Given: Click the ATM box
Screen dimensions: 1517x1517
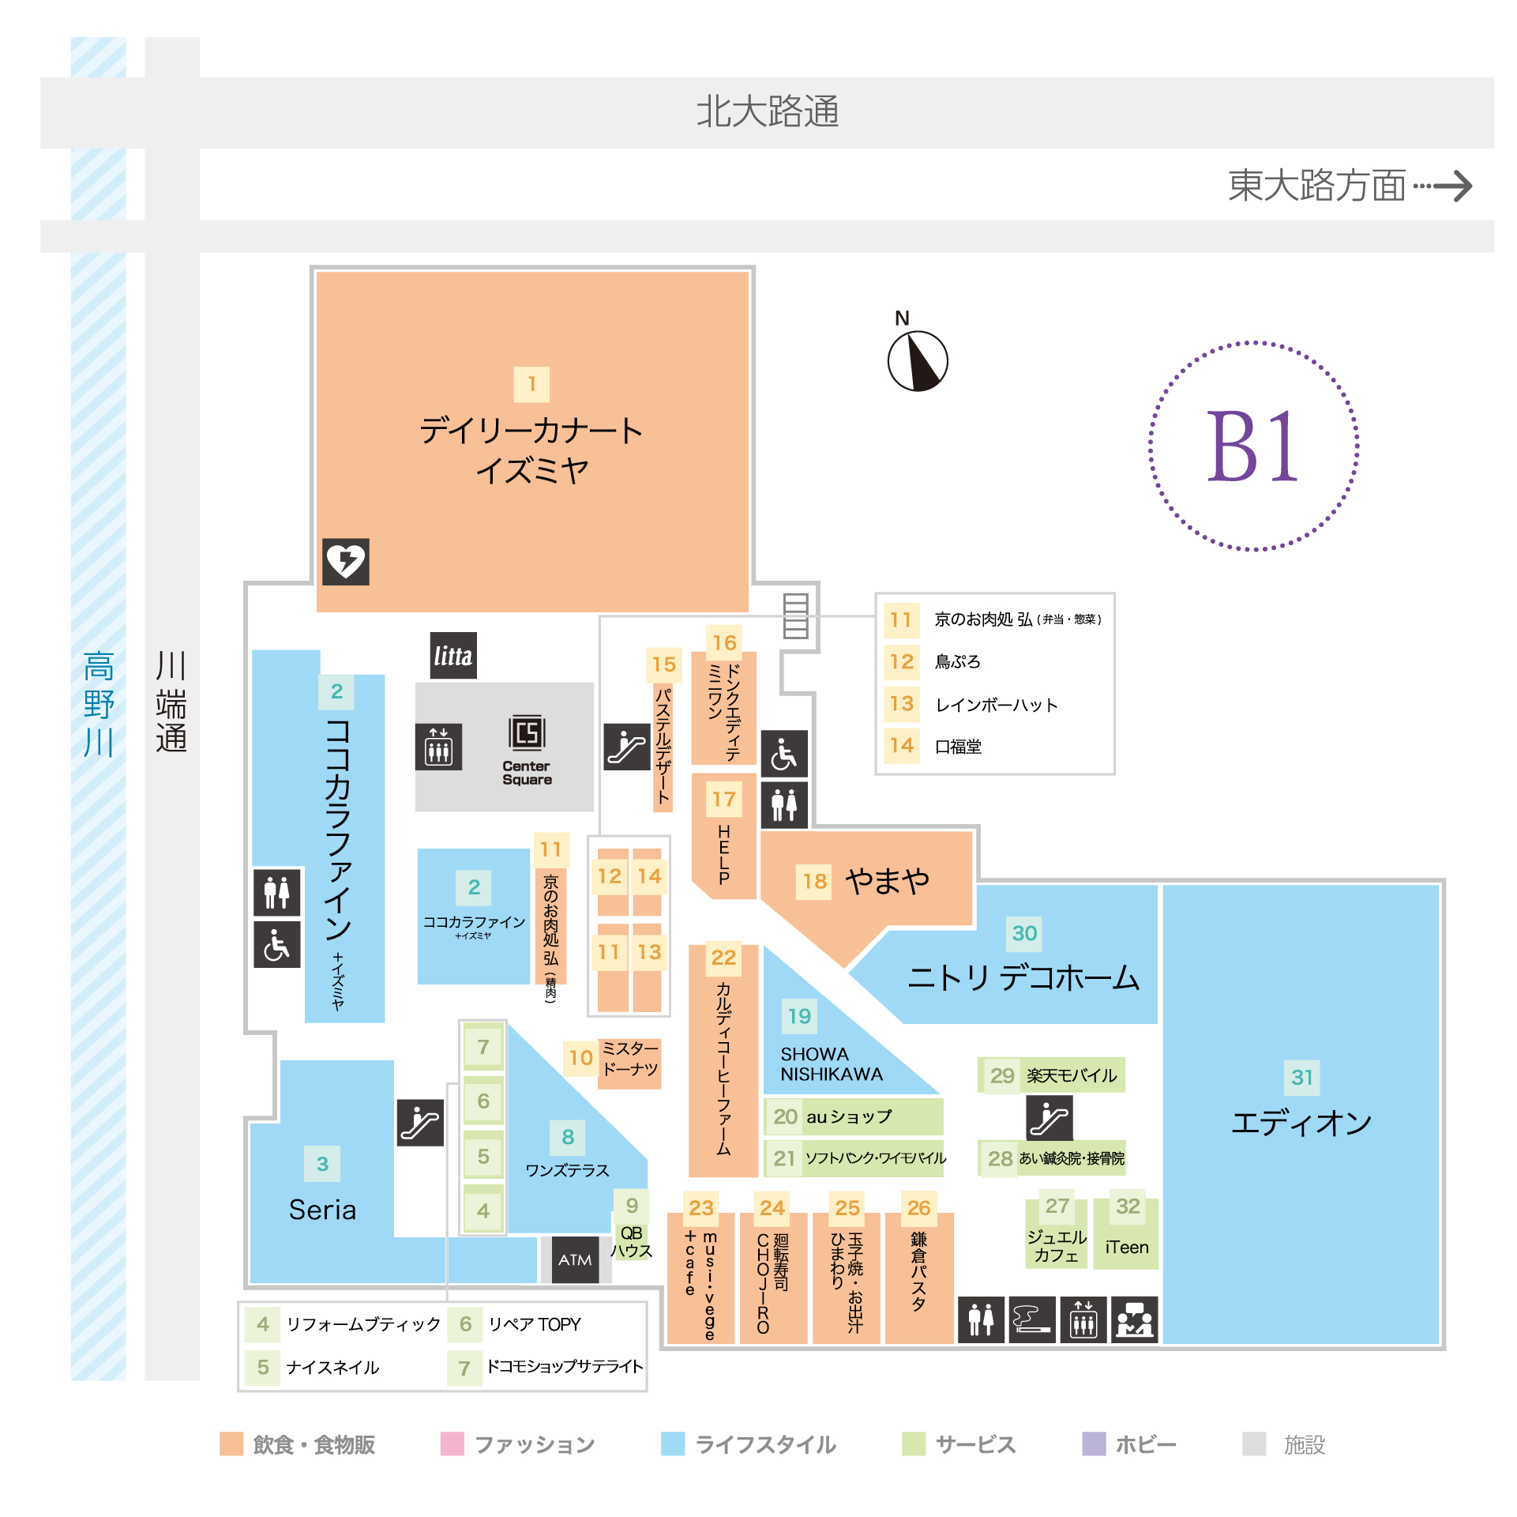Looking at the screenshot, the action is [x=575, y=1259].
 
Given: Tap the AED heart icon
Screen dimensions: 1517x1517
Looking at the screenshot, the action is [x=346, y=562].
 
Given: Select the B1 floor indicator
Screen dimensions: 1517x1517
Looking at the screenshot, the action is [x=1253, y=446].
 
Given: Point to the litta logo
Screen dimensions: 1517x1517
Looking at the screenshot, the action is [x=453, y=655].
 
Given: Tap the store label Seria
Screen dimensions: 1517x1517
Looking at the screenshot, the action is [x=322, y=1210].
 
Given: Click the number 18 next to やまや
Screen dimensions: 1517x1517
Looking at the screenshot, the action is [x=815, y=881].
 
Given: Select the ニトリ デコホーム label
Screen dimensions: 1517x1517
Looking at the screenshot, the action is [x=1023, y=978].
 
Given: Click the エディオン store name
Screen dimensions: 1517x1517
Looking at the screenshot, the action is [x=1301, y=1123].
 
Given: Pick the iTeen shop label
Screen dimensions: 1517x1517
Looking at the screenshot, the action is [x=1127, y=1247].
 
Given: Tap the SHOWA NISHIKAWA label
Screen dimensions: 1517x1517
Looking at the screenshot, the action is [x=832, y=1064].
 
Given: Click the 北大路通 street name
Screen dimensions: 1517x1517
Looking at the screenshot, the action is [x=767, y=111].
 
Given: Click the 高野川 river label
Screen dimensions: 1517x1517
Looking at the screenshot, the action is [x=99, y=703].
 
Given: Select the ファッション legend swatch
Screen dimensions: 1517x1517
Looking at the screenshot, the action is [x=452, y=1444].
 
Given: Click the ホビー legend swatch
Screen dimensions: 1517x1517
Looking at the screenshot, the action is [x=1094, y=1444].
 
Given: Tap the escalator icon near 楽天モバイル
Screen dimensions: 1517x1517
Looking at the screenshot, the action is [x=1050, y=1117].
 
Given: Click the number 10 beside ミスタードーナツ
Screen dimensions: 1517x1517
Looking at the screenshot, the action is [x=580, y=1058].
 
